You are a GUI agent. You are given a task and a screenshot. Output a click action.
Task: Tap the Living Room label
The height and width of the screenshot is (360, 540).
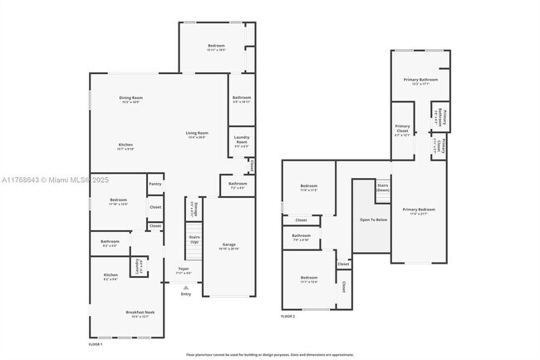[x=197, y=135]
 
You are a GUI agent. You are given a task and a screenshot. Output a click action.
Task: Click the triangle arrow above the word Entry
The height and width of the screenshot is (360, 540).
[x=185, y=288]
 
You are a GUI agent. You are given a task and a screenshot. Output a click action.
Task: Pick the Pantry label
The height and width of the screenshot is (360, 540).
[x=155, y=184]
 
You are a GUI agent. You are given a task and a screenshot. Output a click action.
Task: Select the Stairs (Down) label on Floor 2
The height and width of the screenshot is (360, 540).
[x=383, y=188]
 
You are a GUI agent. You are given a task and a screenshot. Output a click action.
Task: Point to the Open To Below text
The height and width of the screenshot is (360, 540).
[x=373, y=219]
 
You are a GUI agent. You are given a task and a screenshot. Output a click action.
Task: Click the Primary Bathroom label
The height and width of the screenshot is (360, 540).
[x=420, y=81]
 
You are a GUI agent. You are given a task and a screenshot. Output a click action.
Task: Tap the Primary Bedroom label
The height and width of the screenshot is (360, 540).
[x=419, y=210]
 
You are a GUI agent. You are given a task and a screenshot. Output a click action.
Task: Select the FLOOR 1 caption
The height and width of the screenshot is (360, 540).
[x=96, y=343]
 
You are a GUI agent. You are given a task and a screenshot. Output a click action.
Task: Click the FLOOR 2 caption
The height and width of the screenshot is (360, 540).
[x=287, y=317]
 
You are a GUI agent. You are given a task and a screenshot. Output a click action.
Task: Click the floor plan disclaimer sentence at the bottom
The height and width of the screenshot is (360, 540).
[x=270, y=353]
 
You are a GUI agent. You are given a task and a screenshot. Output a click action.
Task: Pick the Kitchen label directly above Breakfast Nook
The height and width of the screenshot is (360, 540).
[x=110, y=276]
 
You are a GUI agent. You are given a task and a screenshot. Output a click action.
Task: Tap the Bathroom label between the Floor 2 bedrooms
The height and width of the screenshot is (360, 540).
[x=301, y=236]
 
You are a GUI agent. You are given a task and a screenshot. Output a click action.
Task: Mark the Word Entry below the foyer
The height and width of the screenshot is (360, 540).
[x=185, y=294]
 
